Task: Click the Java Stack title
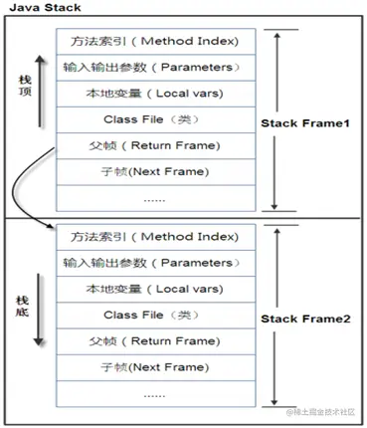[x=41, y=9]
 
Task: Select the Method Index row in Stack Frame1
[x=154, y=42]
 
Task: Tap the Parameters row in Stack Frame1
[x=154, y=68]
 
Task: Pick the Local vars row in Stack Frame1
[x=154, y=94]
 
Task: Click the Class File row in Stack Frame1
[x=154, y=119]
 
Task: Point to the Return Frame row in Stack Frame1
[x=154, y=145]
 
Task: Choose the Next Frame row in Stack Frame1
[x=154, y=171]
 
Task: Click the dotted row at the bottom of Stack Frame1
[x=154, y=198]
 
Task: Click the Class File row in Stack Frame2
[x=154, y=315]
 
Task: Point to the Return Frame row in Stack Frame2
[x=154, y=340]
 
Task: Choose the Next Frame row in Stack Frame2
[x=154, y=367]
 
